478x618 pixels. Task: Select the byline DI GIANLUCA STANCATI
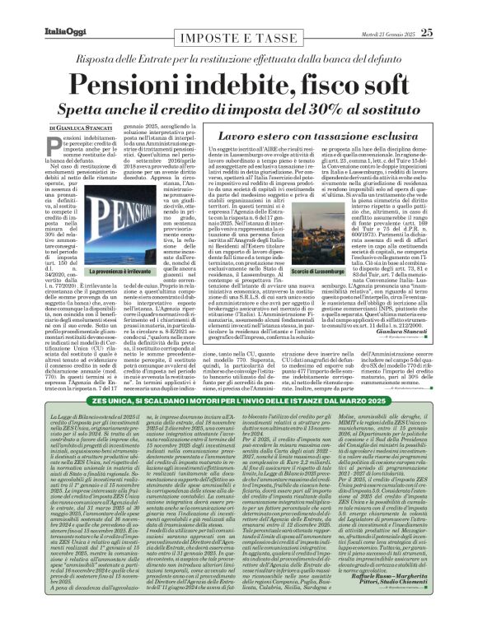82,129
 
